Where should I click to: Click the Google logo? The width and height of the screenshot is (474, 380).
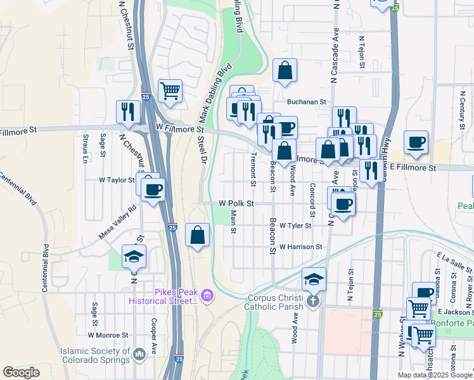click(x=21, y=372)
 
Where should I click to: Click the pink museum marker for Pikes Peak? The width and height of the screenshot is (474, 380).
click(x=207, y=295)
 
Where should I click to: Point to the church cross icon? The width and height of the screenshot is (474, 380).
click(x=312, y=301)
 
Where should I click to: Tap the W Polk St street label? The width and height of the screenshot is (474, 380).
click(x=236, y=204)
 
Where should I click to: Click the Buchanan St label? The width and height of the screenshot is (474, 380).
click(x=306, y=101)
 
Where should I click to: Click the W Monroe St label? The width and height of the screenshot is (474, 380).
click(x=108, y=334)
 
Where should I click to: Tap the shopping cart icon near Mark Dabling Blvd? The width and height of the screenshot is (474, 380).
click(x=170, y=91)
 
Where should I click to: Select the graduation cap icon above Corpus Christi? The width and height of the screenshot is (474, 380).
click(x=313, y=278)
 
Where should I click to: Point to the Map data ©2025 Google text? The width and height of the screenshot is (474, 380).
click(x=435, y=375)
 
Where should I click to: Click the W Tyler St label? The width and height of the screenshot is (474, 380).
click(x=296, y=225)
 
